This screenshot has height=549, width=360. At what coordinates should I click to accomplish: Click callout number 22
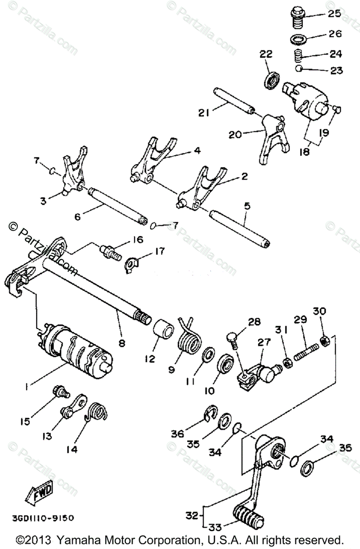266,54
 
